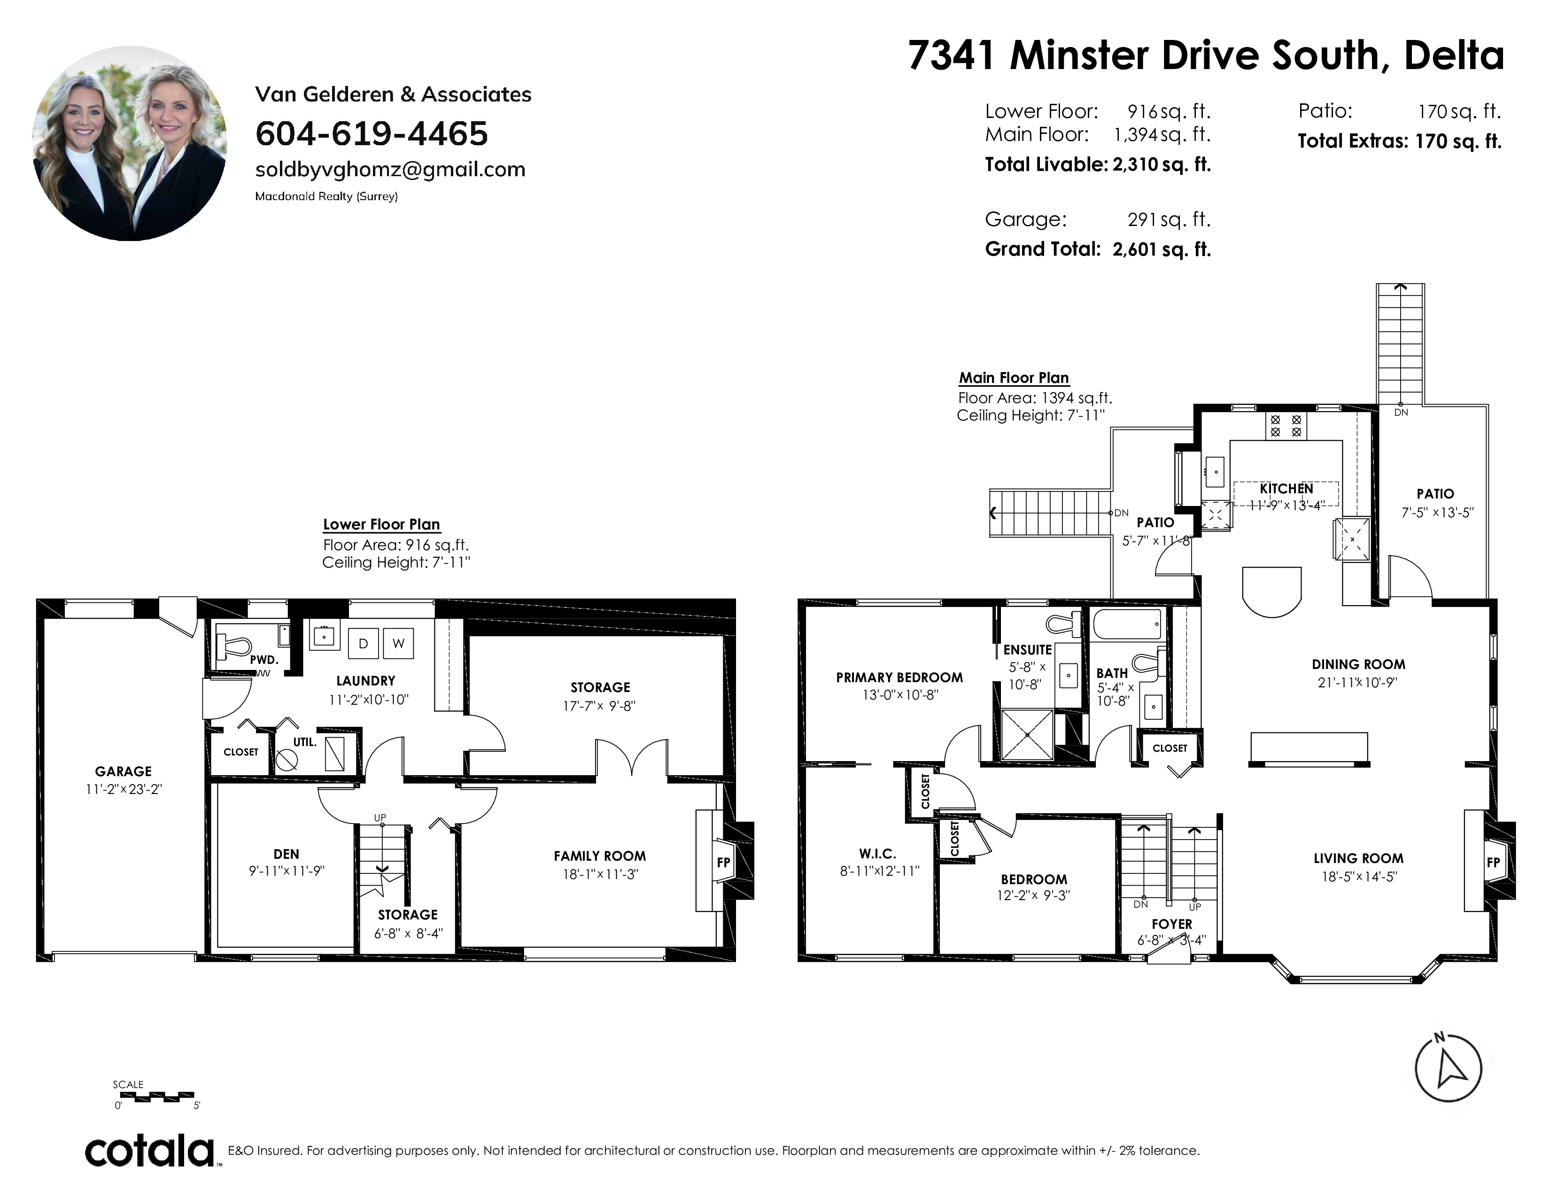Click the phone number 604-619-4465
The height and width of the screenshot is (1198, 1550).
pos(371,133)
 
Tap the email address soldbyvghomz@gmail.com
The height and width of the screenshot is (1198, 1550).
pos(390,170)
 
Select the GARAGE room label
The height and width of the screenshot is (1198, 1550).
pos(124,771)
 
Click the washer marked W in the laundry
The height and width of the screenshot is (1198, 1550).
pos(398,644)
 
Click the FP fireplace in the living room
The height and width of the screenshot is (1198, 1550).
pos(1493,862)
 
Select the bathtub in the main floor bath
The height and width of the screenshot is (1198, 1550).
pos(1127,624)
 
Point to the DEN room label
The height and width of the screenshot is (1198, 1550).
pos(286,854)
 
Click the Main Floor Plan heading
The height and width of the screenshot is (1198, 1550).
pos(1014,378)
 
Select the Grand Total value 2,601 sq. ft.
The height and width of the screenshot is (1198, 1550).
pos(1161,249)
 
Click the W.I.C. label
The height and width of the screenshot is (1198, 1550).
pos(877,854)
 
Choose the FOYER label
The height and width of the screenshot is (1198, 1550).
pos(1172,924)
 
